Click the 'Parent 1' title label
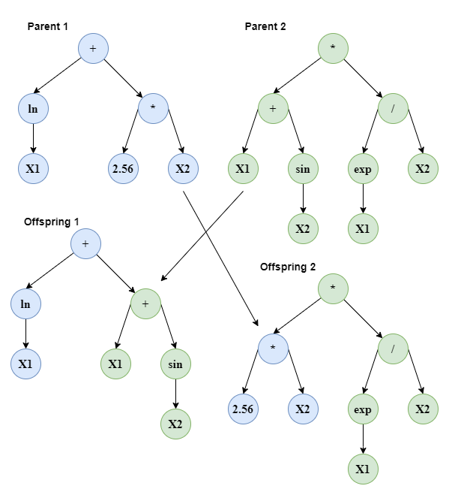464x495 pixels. pos(47,26)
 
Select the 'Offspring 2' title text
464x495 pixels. pos(287,267)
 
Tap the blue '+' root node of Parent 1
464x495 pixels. pos(94,48)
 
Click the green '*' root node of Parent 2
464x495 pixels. pos(333,48)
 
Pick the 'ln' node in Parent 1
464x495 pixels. pos(33,108)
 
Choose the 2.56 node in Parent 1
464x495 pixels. pos(123,169)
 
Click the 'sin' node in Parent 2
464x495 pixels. pos(303,169)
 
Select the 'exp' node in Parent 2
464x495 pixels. pos(363,169)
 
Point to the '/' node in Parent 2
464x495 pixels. pos(393,108)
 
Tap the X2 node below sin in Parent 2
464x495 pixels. pos(303,229)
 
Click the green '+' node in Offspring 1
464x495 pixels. pos(145,303)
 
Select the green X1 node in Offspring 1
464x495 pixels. pos(115,364)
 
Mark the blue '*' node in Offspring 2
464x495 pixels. pos(273,349)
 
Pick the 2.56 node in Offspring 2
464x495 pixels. pos(243,409)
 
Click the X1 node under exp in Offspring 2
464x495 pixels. pos(363,469)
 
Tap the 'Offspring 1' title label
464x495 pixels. pos(52,222)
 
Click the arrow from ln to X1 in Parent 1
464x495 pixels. pos(33,138)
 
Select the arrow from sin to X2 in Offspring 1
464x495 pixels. pos(175,394)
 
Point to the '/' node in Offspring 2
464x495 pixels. pos(393,349)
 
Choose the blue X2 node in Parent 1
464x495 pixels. pos(183,169)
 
